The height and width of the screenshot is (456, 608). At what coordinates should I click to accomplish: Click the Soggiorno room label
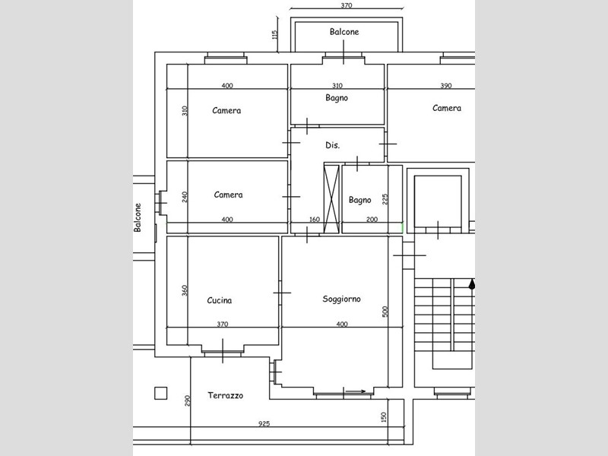pos(341,299)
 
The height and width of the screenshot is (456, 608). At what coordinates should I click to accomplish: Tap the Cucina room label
pos(220,300)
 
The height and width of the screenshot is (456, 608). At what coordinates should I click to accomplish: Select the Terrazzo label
pos(225,395)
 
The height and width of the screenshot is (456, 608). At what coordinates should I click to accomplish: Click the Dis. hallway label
pos(332,145)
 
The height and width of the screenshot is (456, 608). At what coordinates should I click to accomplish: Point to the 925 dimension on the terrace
pos(264,423)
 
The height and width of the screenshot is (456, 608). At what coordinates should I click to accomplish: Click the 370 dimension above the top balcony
pos(347,5)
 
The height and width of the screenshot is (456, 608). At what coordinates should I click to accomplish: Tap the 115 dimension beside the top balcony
pos(275,35)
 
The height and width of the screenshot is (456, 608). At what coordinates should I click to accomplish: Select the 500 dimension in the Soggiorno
pos(385,312)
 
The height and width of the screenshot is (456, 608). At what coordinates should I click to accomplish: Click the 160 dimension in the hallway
pos(315,220)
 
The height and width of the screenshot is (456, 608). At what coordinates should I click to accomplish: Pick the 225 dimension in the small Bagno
pos(385,199)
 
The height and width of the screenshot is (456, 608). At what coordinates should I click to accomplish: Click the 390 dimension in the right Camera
pos(446,86)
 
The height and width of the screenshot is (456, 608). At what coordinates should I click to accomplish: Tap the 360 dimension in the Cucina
pos(185,290)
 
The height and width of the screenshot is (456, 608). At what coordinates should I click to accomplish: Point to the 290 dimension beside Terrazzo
pos(187,401)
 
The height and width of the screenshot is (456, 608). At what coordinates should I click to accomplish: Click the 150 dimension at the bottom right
pos(384,417)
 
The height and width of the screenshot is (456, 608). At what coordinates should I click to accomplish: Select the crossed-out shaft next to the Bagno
pos(331,199)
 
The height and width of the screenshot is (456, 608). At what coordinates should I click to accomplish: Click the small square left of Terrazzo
pos(161,393)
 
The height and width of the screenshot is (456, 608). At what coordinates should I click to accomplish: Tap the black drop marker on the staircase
pos(472,284)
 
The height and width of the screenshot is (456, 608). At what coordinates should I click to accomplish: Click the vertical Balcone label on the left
pos(138,217)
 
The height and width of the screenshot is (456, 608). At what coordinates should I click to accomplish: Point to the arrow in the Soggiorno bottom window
pos(355,391)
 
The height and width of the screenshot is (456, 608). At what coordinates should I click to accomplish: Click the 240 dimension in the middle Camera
pos(185,197)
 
